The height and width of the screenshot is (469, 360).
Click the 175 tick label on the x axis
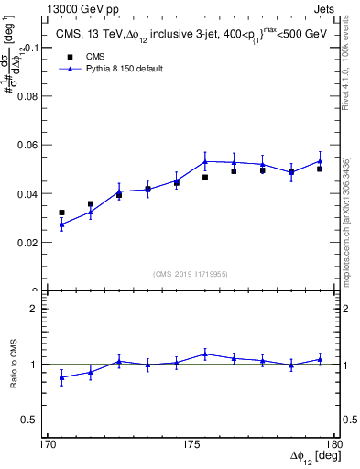pos(191,444)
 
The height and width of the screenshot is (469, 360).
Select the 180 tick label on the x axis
pos(333,444)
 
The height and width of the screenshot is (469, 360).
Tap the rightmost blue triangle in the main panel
pos(320,161)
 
